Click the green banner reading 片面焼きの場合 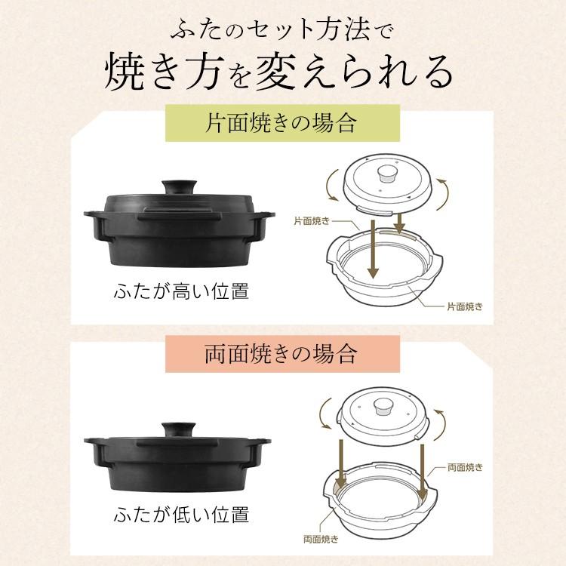pos(281,123)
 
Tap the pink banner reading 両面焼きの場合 pos(281,352)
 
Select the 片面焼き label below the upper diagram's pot pos(464,306)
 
